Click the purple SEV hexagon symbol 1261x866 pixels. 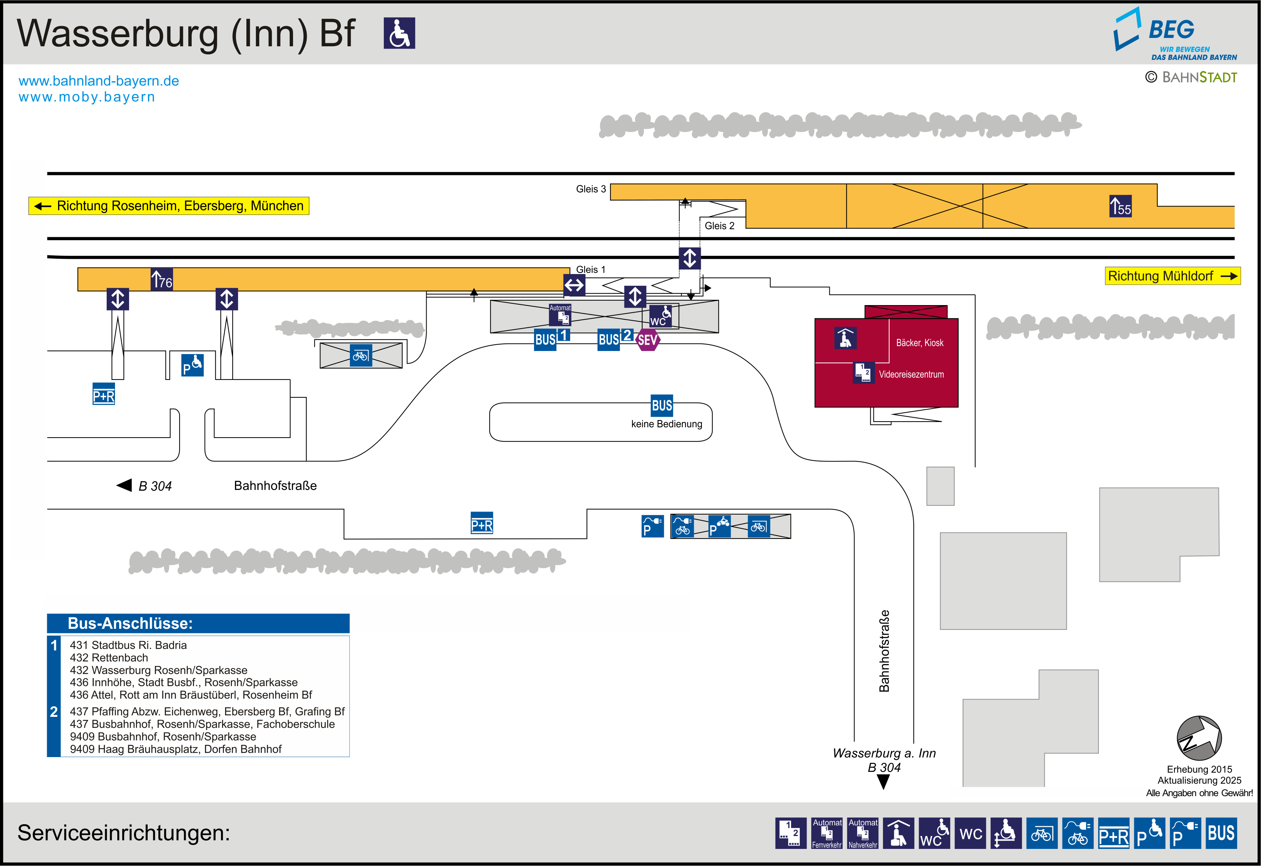(647, 340)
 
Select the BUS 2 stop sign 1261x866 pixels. (615, 339)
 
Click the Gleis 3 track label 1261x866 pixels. (591, 189)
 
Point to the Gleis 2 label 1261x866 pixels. (719, 226)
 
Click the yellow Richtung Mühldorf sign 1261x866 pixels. (1173, 276)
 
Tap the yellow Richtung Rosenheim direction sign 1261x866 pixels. (169, 206)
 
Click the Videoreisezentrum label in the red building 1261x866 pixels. (911, 375)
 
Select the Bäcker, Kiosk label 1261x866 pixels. (920, 343)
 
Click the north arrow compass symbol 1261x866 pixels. (1199, 738)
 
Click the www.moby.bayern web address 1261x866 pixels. (87, 97)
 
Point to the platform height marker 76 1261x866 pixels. (162, 279)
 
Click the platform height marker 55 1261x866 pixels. (1121, 206)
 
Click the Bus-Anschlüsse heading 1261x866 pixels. (130, 624)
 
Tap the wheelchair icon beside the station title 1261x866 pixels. (399, 33)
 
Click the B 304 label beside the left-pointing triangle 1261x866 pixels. (155, 486)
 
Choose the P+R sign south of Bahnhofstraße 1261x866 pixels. (482, 523)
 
